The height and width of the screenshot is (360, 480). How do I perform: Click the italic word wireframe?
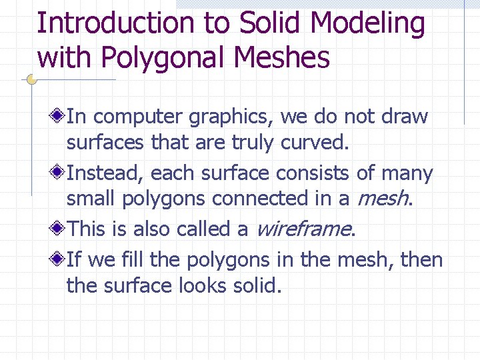(x=303, y=229)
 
